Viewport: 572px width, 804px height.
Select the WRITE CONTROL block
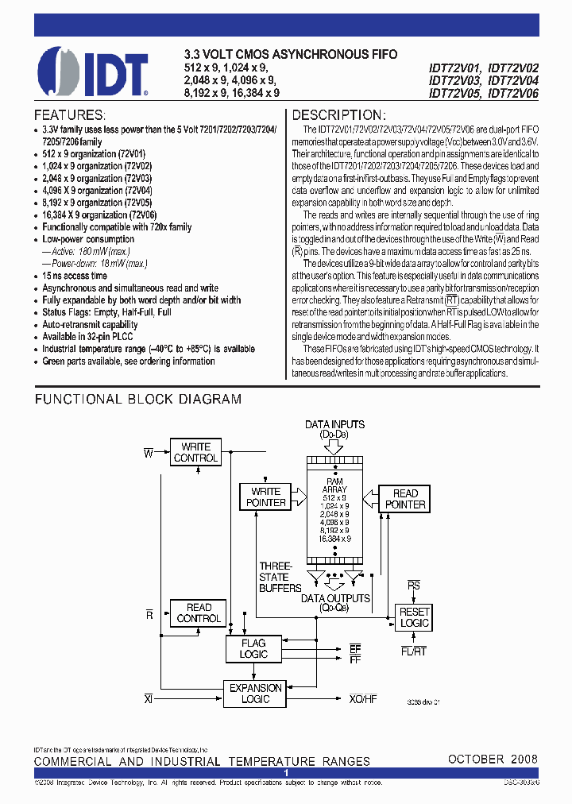(x=195, y=453)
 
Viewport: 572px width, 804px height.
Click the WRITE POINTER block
(x=266, y=497)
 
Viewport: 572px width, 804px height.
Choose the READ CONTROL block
(x=199, y=613)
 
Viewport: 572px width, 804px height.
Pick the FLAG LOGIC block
(x=253, y=649)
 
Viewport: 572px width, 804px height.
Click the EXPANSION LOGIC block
(x=255, y=694)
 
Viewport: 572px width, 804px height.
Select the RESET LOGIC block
(x=414, y=617)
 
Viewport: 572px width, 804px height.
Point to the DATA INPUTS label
(x=334, y=425)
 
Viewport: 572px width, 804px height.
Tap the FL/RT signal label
(x=414, y=651)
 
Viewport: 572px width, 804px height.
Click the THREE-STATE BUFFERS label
(x=280, y=578)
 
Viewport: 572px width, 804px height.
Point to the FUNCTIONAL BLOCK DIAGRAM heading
(x=138, y=400)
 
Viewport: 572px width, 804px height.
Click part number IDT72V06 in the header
(x=513, y=93)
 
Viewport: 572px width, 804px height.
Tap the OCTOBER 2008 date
(x=493, y=760)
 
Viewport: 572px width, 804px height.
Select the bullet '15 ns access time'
(x=75, y=276)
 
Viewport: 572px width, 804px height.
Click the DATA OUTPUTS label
(x=334, y=598)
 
